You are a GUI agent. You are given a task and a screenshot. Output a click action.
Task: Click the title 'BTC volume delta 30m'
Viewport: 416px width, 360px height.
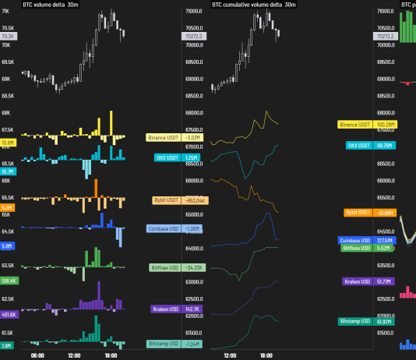51,5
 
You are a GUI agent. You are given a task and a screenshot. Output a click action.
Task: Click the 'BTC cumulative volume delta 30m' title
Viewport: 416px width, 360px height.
253,5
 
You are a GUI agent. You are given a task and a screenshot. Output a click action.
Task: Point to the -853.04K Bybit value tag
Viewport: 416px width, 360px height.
192,200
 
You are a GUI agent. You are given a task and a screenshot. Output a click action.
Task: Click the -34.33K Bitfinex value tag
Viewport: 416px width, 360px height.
193,268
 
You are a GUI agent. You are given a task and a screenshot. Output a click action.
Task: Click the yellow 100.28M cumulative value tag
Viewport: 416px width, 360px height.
385,125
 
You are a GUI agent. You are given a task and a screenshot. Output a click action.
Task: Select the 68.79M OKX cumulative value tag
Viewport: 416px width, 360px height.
384,146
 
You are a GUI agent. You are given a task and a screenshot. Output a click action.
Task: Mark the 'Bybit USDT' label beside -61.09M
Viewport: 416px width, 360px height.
357,213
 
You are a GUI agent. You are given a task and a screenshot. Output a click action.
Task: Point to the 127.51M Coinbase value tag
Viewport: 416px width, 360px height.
385,241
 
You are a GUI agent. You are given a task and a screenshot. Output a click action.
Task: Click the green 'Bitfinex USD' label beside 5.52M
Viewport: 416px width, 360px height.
357,248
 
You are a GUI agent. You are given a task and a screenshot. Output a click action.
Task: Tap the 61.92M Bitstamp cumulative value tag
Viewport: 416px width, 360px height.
384,321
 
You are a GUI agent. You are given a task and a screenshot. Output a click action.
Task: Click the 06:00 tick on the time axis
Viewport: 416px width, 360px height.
37,355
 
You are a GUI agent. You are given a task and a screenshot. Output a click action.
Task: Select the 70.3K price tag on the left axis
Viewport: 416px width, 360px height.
9,37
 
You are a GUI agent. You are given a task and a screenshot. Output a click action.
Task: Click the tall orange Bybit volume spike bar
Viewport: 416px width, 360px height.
95,189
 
